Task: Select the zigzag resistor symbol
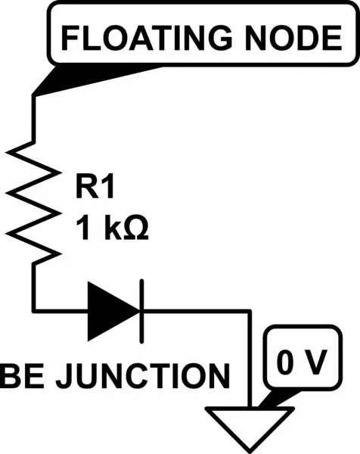(x=34, y=201)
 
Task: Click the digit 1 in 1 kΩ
(x=82, y=228)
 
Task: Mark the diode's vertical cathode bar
(x=141, y=310)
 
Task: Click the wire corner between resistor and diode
(x=34, y=310)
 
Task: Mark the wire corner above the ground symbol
(x=250, y=310)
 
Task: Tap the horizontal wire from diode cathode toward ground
(x=197, y=310)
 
